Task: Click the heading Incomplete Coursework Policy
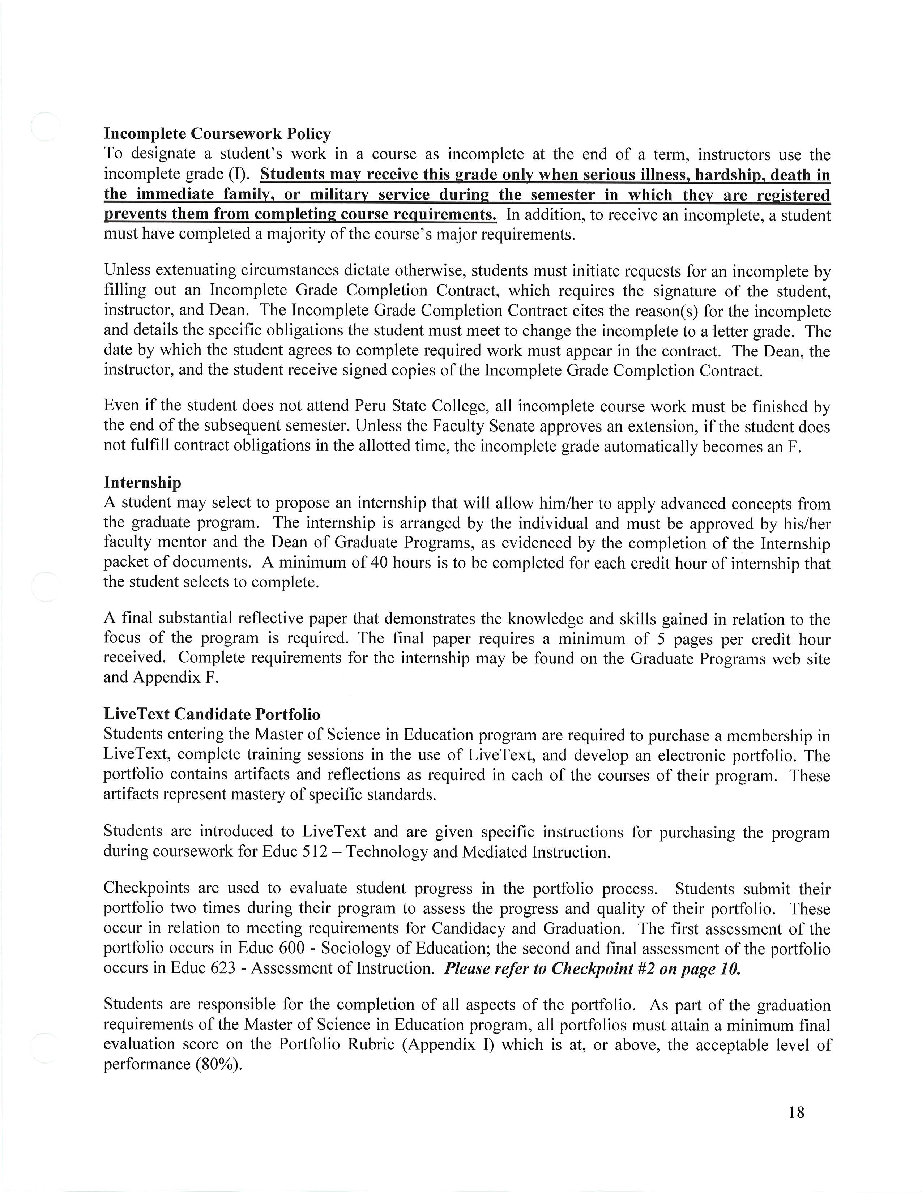pyautogui.click(x=217, y=134)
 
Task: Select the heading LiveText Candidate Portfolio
pyautogui.click(x=212, y=714)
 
